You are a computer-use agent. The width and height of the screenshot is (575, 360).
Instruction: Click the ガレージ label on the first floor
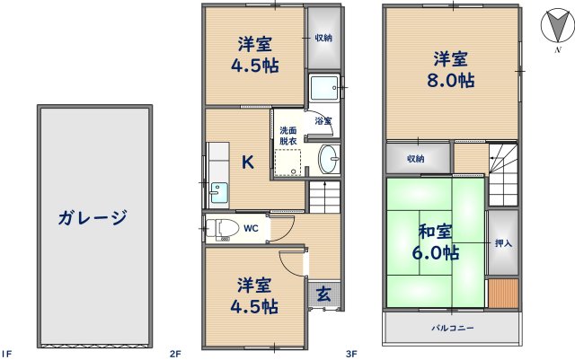click(x=93, y=216)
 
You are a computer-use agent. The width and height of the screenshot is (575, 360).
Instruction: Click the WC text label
click(x=252, y=229)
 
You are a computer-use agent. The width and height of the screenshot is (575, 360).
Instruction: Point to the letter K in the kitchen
click(x=247, y=162)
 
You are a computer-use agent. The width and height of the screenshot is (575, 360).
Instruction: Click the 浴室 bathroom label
click(x=323, y=120)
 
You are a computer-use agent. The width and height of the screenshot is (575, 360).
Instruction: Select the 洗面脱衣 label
click(x=287, y=135)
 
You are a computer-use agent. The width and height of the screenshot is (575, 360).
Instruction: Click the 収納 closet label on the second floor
click(x=323, y=38)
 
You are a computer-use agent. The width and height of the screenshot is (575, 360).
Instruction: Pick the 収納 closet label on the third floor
click(x=415, y=159)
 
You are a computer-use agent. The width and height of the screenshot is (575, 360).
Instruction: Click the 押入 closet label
click(x=503, y=242)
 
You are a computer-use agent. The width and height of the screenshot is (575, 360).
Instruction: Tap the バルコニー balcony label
click(x=452, y=329)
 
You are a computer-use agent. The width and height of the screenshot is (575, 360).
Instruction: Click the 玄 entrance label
click(x=323, y=293)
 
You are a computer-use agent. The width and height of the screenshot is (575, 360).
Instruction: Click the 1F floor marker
click(x=7, y=353)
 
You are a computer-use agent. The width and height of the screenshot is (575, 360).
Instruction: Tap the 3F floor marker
click(x=352, y=353)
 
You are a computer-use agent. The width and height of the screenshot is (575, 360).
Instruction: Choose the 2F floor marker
click(x=176, y=353)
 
